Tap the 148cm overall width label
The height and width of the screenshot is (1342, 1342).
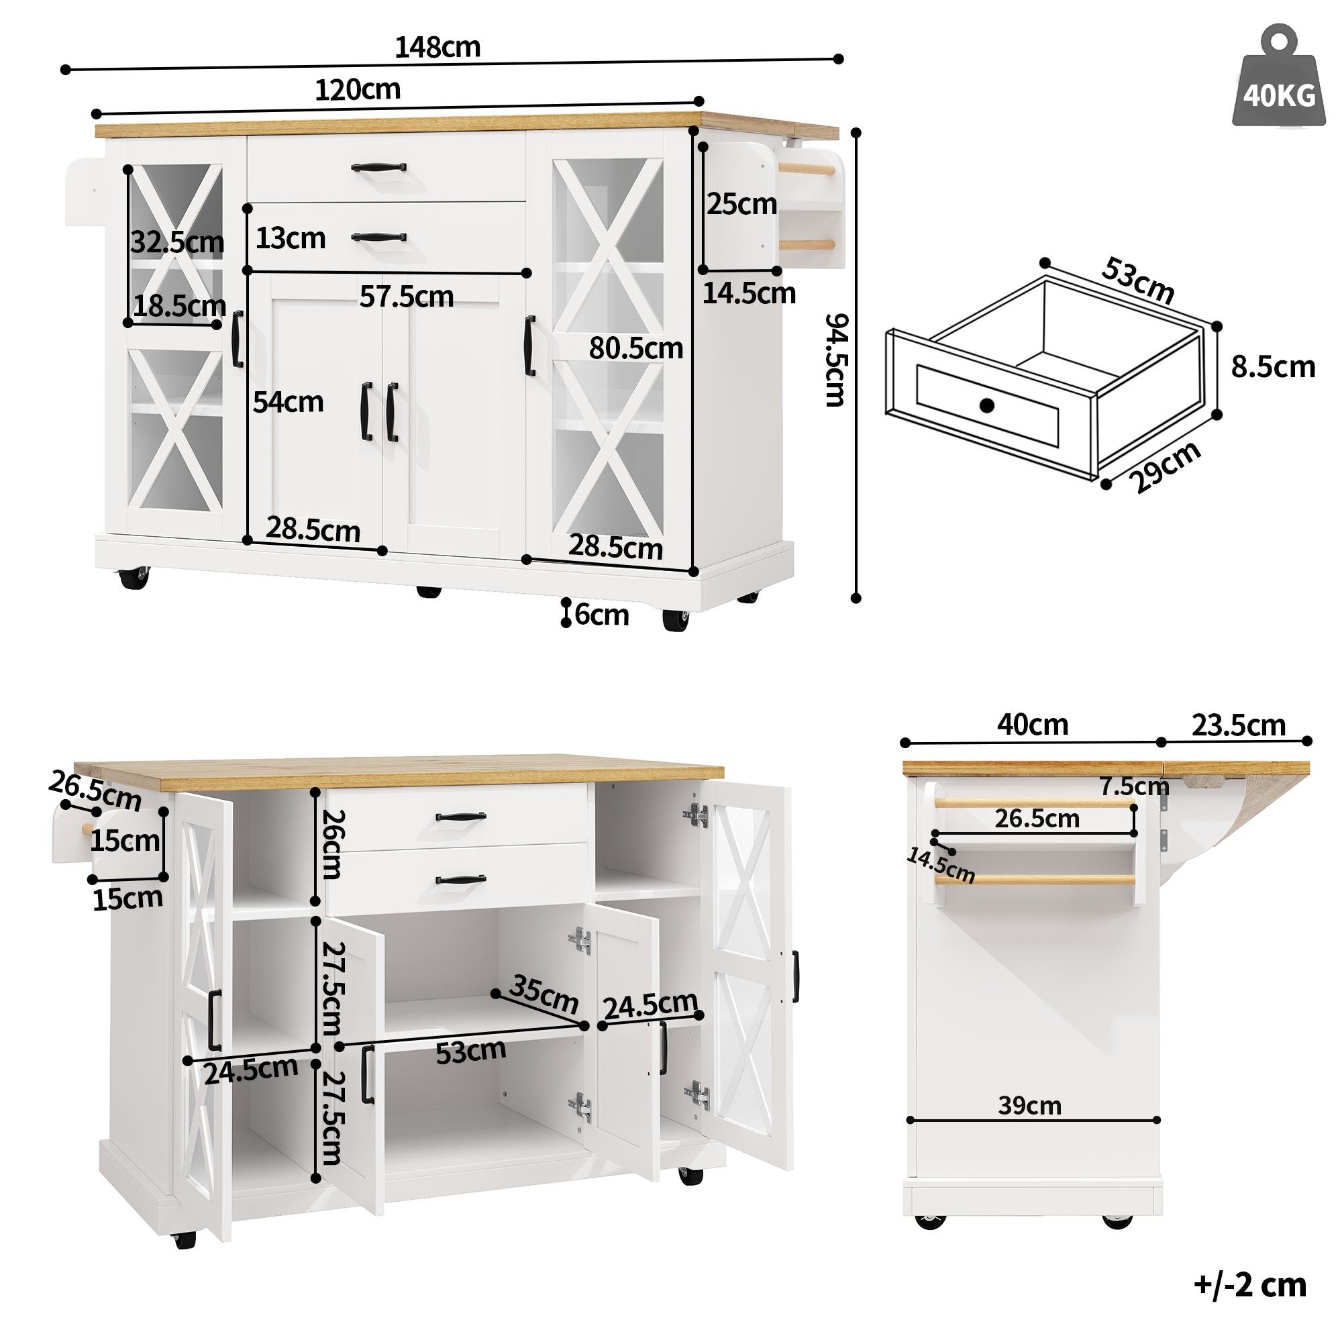click(x=437, y=47)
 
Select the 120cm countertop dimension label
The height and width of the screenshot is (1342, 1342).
click(x=357, y=90)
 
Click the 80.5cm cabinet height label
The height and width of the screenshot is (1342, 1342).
click(x=635, y=348)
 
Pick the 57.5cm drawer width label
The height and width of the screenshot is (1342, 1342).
click(x=407, y=297)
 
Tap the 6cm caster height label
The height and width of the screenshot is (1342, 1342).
click(x=601, y=615)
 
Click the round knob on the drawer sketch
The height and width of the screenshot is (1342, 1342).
click(x=986, y=406)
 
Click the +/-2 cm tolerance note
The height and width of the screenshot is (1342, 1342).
click(x=1250, y=1285)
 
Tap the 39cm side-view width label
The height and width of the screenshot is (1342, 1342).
click(x=1029, y=1105)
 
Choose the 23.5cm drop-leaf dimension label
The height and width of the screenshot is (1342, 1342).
click(x=1239, y=725)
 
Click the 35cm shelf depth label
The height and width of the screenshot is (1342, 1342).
click(x=544, y=994)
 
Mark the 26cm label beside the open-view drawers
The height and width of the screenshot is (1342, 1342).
click(x=331, y=843)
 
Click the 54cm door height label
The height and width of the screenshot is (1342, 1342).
click(x=288, y=402)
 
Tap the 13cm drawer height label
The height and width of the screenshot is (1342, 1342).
click(x=291, y=238)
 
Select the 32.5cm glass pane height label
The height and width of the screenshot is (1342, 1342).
click(x=177, y=242)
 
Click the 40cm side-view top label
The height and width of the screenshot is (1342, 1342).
click(x=1032, y=725)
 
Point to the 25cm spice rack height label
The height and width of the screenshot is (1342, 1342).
click(x=741, y=204)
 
